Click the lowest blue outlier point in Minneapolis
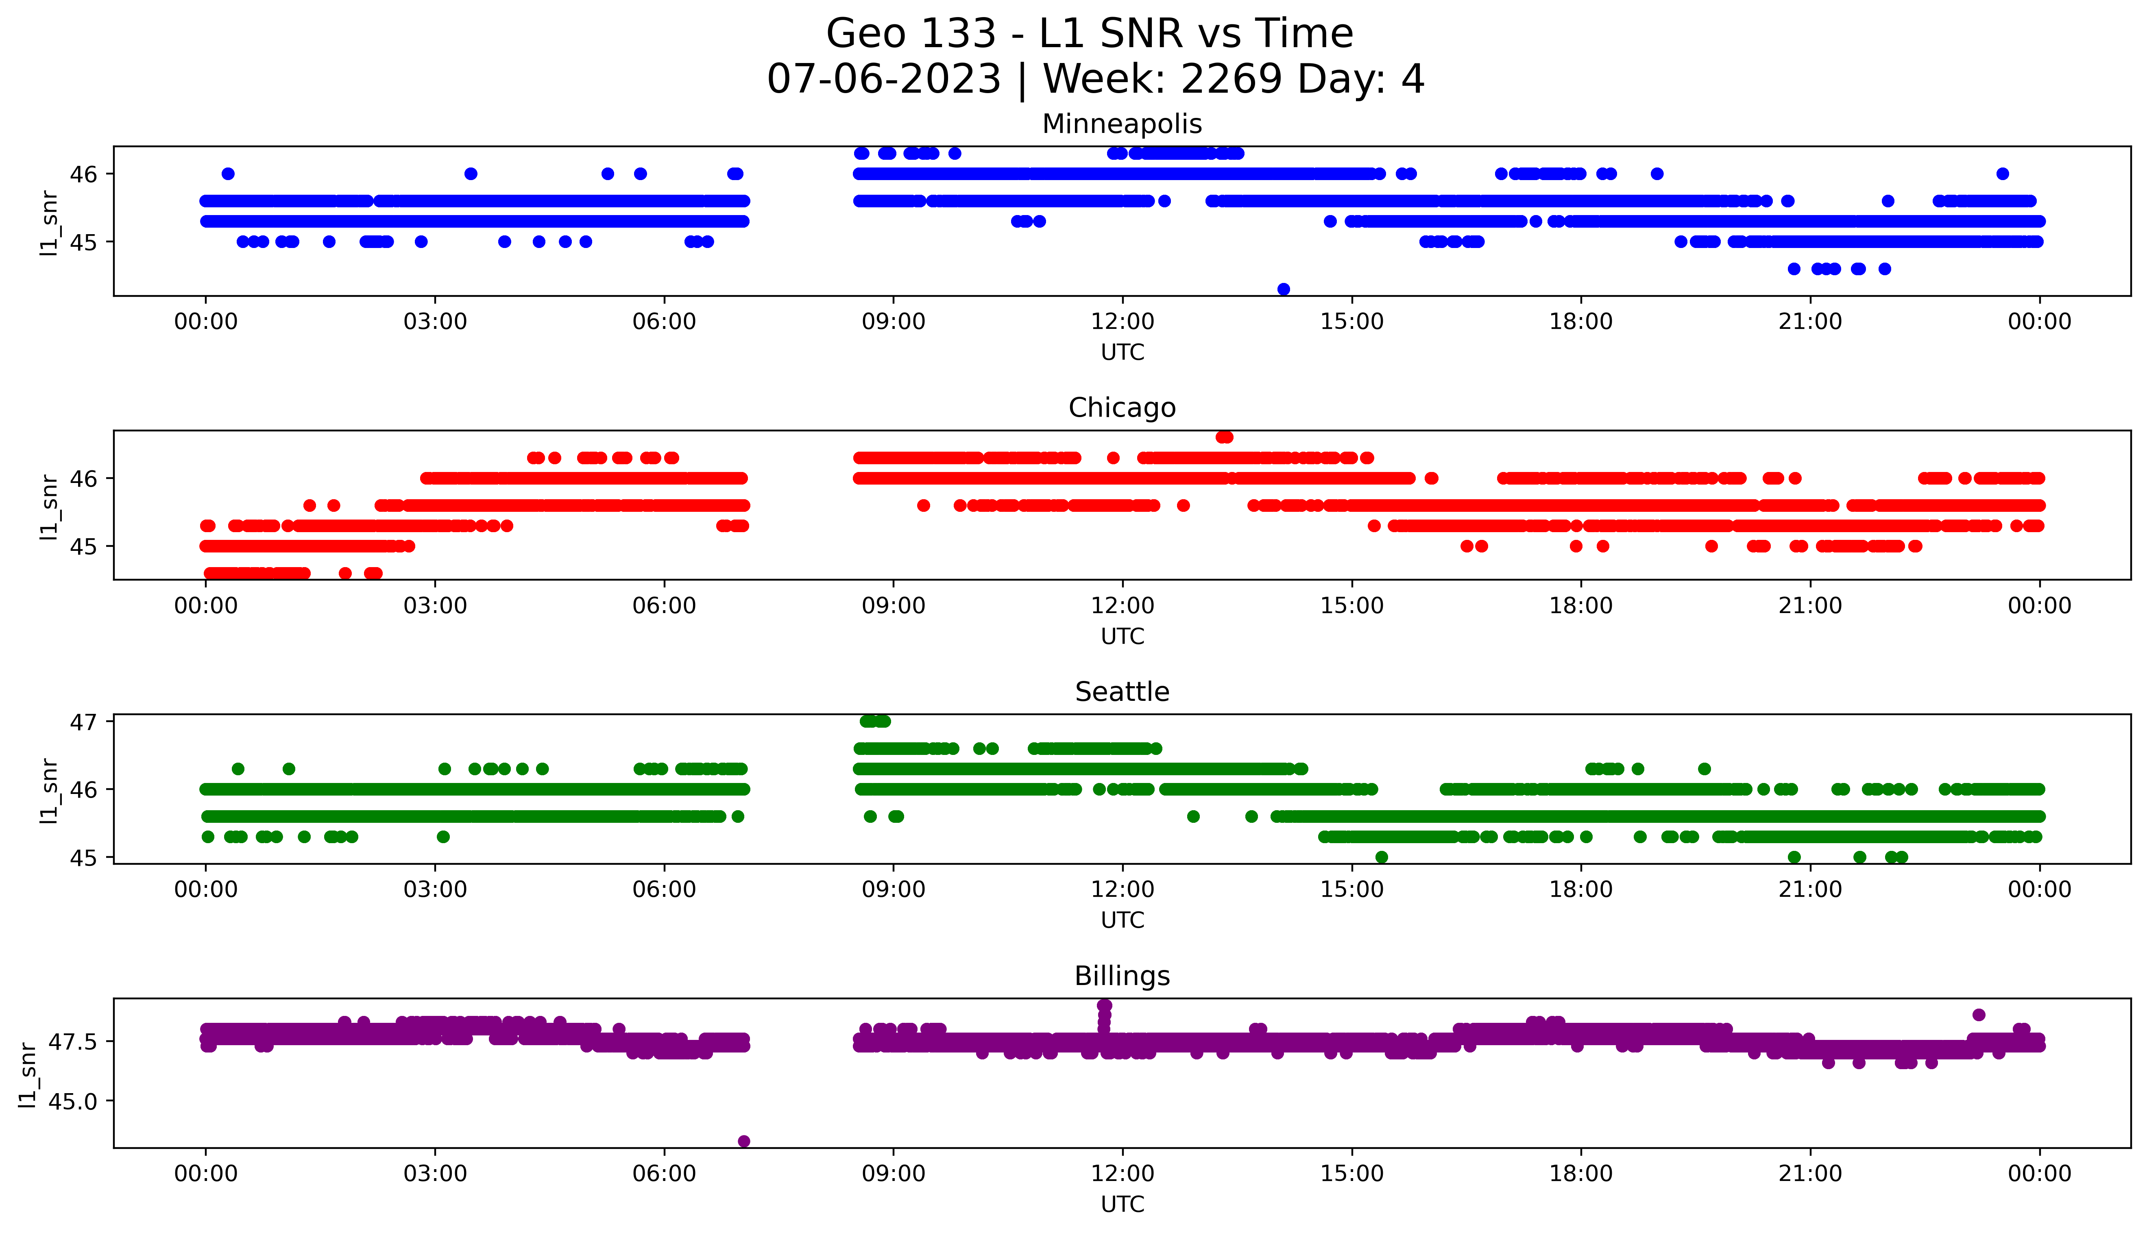[1283, 289]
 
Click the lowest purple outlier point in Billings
[743, 1141]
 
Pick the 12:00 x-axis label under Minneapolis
[1122, 322]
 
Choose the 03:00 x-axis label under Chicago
[435, 605]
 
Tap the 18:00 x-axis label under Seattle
[1580, 889]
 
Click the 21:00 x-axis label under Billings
[1810, 1174]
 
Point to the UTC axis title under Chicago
[1122, 636]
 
